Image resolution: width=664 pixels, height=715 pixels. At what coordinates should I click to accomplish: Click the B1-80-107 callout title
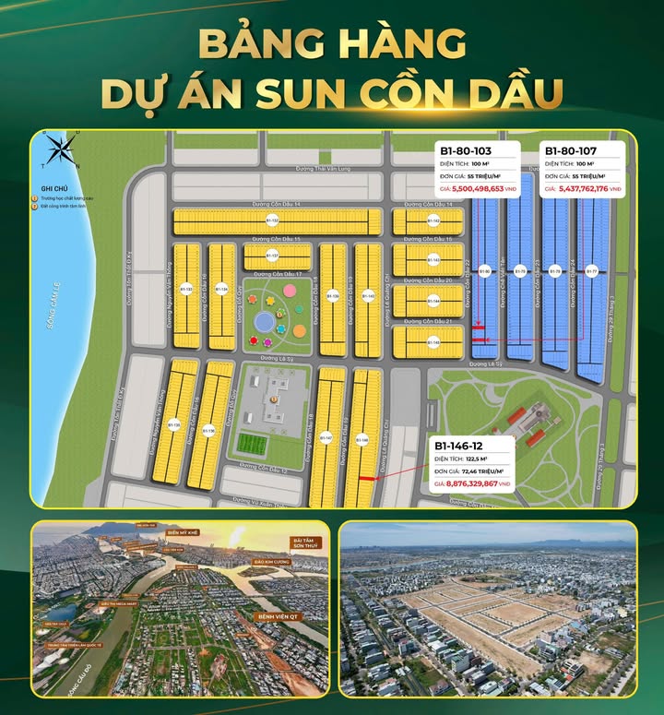click(571, 149)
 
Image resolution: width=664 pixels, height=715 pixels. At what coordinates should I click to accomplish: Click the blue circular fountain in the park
click(265, 322)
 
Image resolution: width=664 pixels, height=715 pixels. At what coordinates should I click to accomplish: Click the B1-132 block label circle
click(272, 220)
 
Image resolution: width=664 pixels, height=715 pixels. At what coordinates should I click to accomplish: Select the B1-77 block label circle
click(592, 271)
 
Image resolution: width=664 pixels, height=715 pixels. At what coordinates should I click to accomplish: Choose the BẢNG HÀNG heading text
click(331, 43)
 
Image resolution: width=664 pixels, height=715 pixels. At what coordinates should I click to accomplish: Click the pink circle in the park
click(290, 290)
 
